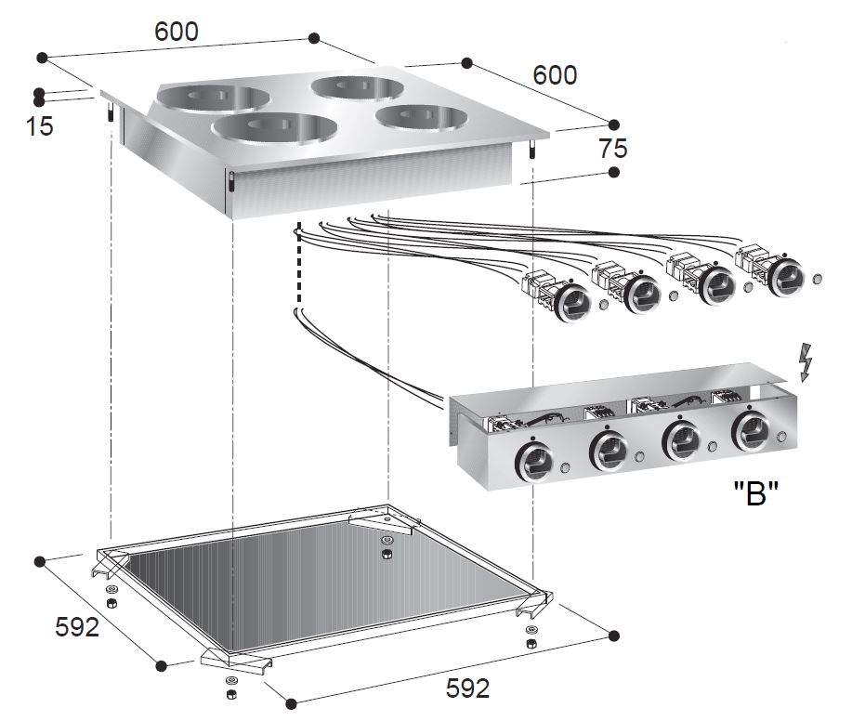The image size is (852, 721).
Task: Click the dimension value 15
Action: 40,125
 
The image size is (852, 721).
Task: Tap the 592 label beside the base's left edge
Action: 77,627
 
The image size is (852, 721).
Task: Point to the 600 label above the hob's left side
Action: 177,31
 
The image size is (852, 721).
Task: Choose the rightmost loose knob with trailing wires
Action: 786,274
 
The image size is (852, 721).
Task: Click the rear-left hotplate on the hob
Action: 210,98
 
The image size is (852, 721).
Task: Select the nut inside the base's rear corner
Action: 386,555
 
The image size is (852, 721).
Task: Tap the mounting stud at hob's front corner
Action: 229,182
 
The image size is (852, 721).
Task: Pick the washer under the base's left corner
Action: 112,591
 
